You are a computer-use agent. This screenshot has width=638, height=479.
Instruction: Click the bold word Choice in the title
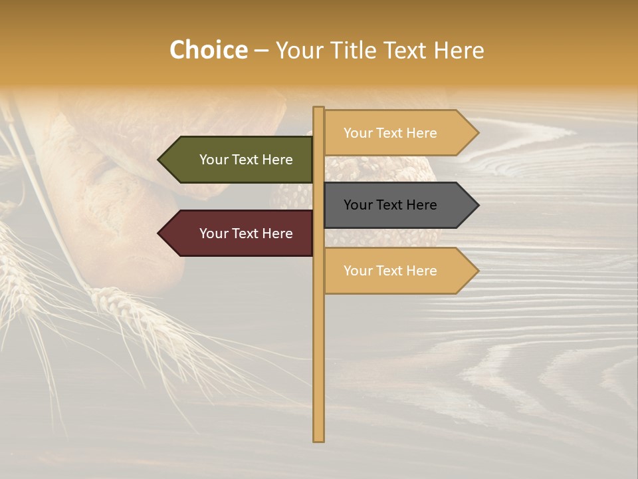point(208,51)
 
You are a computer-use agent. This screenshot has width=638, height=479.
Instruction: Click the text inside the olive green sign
point(246,160)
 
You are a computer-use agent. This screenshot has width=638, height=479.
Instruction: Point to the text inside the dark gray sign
point(390,205)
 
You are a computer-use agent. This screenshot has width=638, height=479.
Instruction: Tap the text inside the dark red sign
point(246,234)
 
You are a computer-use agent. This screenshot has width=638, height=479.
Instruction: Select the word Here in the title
point(459,51)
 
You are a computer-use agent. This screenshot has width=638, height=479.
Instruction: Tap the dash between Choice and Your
point(261,51)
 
